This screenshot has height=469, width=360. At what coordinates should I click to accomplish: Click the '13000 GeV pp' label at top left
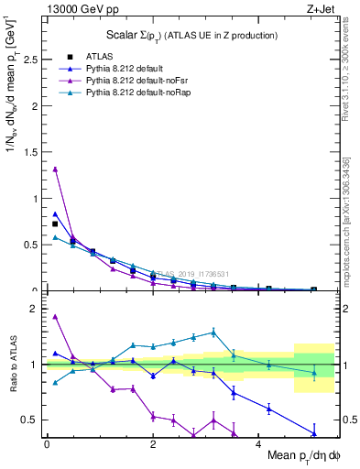[77, 7]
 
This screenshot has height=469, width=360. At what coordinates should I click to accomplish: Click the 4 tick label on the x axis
[259, 444]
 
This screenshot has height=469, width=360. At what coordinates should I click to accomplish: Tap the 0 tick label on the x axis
[47, 444]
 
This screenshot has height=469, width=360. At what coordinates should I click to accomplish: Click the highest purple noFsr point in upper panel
[55, 169]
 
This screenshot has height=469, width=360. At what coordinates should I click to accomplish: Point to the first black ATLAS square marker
[55, 224]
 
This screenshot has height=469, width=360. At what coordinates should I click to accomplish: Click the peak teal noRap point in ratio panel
[213, 332]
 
